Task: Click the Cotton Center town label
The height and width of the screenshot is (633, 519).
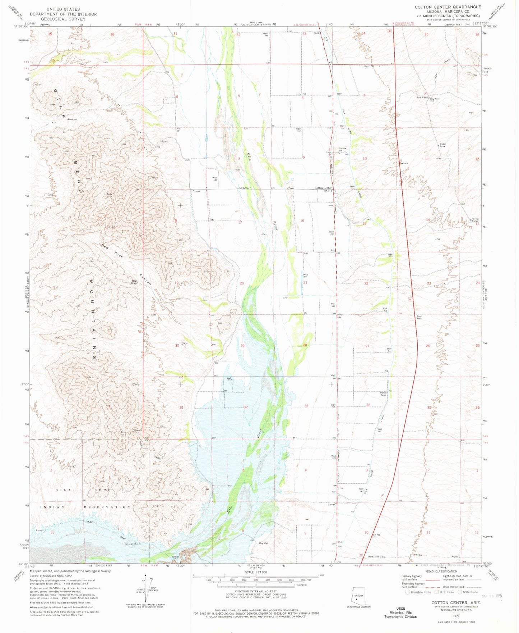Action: point(323,188)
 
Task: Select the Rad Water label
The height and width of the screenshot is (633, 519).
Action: point(422,97)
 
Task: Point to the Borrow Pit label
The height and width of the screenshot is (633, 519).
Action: point(343,149)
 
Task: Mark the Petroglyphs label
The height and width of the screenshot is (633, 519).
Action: point(131,544)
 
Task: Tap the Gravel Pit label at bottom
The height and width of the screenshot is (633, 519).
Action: point(175,558)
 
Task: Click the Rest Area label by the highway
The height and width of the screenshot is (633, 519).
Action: point(419,318)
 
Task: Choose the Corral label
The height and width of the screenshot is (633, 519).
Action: point(331,504)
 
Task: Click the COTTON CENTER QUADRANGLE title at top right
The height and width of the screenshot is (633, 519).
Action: point(448,7)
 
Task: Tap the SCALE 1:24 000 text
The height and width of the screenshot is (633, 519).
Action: point(256,572)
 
